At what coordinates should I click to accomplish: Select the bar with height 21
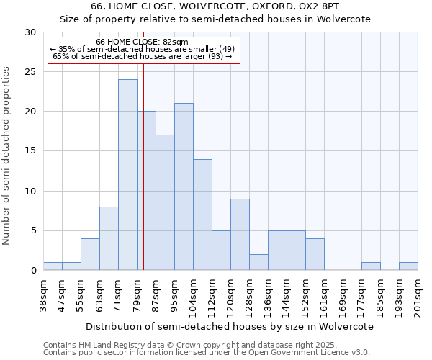(184, 186)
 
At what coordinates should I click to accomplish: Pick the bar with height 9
(240, 235)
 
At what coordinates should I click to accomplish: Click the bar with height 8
(109, 238)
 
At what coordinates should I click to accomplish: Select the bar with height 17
(165, 202)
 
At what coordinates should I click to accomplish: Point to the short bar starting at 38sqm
(53, 266)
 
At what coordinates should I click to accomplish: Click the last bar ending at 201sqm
(408, 266)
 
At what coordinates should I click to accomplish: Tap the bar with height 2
(258, 262)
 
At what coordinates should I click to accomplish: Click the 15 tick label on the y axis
(30, 151)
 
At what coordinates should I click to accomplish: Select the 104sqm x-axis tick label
(193, 295)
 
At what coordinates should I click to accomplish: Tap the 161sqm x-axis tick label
(324, 295)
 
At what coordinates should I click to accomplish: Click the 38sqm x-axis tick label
(43, 295)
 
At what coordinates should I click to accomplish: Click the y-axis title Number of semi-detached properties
(7, 156)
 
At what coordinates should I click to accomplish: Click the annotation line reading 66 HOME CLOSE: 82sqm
(142, 42)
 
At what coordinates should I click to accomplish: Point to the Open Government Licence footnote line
(207, 353)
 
